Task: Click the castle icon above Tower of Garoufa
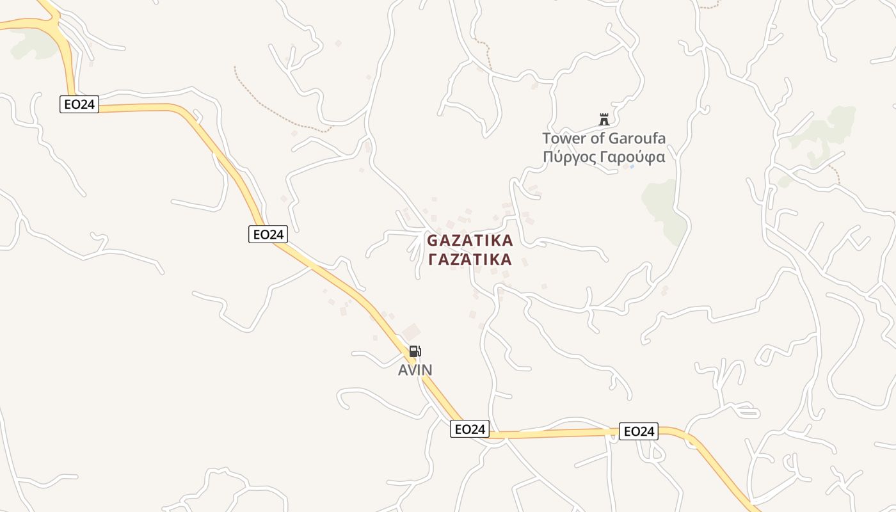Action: (604, 119)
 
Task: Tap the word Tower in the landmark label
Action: (562, 138)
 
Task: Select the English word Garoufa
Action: (636, 138)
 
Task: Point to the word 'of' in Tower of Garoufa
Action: (595, 138)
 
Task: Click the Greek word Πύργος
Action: (570, 157)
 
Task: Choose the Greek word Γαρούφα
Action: (633, 157)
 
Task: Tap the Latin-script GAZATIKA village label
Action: (470, 241)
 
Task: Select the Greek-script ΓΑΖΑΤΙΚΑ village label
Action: (470, 259)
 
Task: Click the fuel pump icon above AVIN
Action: (415, 351)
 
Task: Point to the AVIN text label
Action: (415, 370)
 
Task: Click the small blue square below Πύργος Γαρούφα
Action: (632, 166)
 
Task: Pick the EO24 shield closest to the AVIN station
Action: (470, 429)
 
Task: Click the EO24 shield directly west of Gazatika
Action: (268, 234)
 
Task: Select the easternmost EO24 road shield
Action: (639, 431)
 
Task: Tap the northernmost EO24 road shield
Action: (79, 104)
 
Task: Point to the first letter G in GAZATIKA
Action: (433, 241)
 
